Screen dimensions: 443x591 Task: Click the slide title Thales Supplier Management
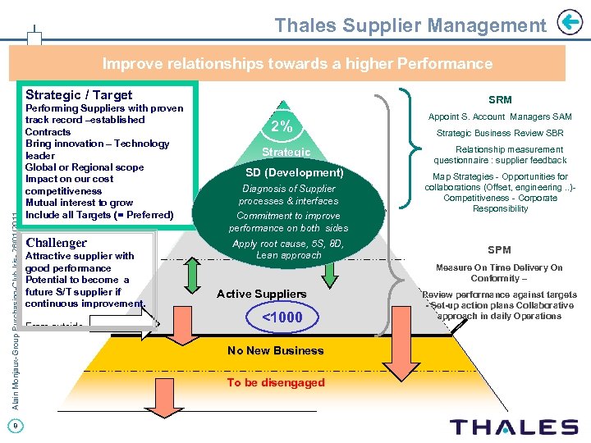[410, 25]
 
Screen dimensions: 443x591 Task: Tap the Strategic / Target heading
[79, 95]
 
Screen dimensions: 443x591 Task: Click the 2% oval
[282, 126]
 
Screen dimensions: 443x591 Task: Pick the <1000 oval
[282, 317]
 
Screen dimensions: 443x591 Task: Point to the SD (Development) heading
[294, 172]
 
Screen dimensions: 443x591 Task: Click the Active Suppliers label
[261, 294]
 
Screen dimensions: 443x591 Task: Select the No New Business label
[275, 350]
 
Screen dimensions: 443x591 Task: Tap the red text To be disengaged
[275, 382]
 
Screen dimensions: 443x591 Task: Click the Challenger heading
[57, 243]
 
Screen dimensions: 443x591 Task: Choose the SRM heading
[499, 99]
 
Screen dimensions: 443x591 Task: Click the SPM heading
[499, 249]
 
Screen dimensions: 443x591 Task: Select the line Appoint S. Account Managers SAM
[499, 116]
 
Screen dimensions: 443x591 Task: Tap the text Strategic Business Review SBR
[499, 133]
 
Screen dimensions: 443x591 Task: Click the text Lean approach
[289, 255]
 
